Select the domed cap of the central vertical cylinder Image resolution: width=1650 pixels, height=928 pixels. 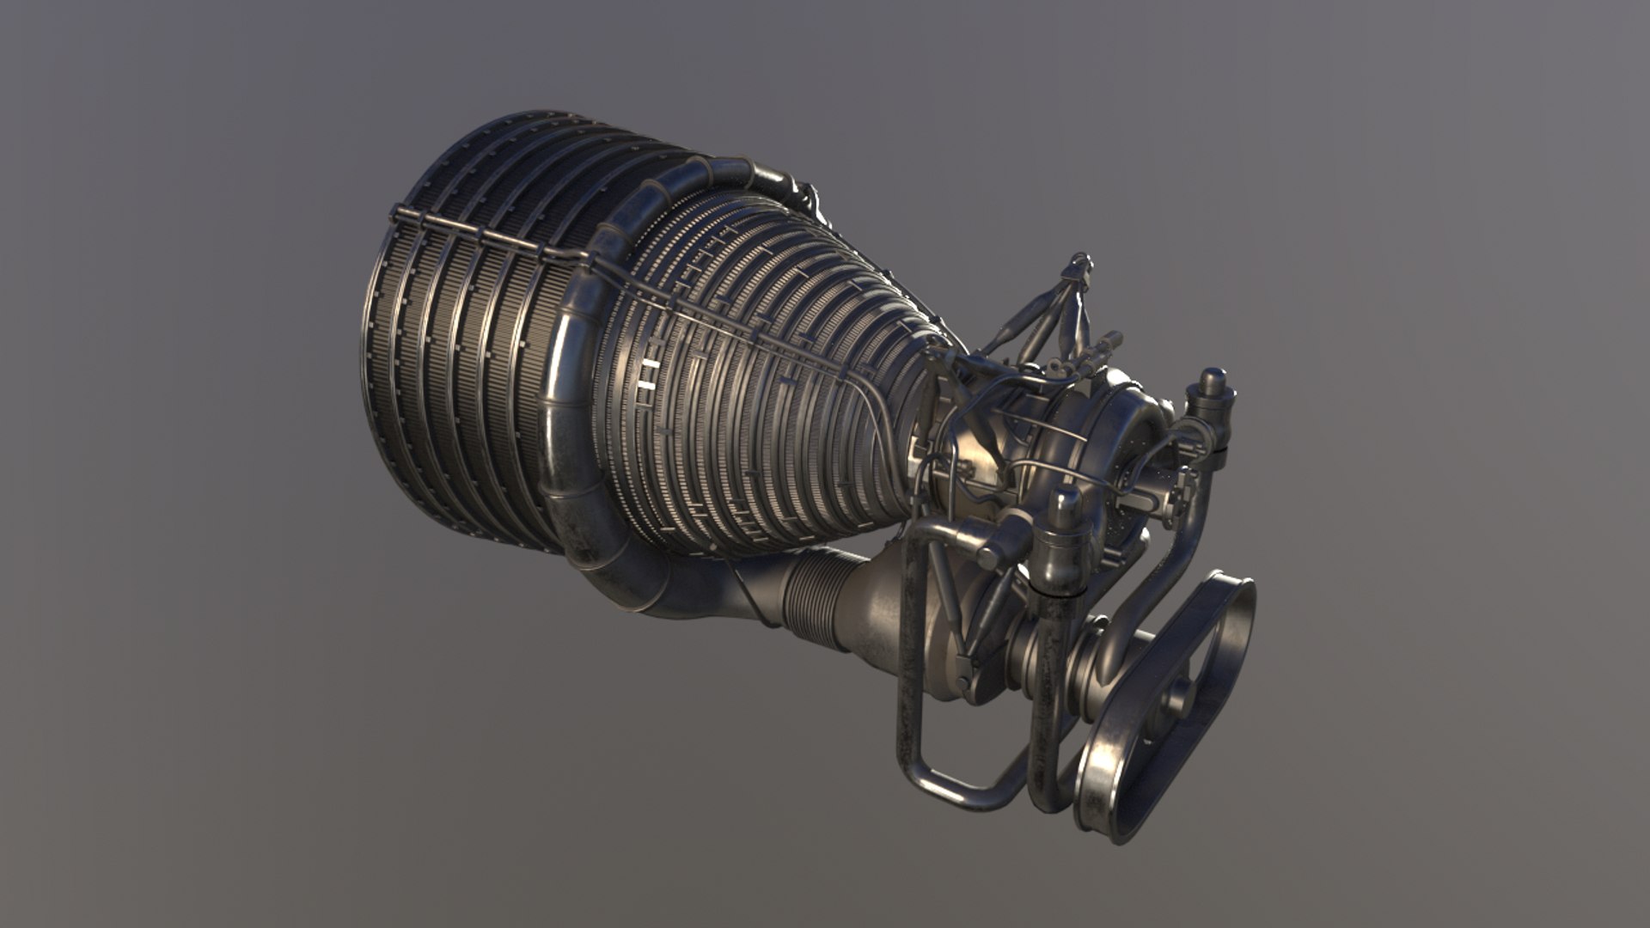coord(1065,499)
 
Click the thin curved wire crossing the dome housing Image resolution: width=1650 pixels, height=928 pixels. coord(1057,430)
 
